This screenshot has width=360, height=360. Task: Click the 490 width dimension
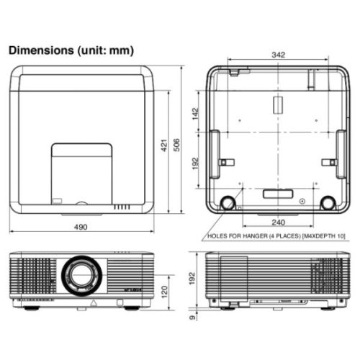pyautogui.click(x=81, y=227)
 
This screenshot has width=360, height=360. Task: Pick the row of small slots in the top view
pyautogui.click(x=123, y=206)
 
